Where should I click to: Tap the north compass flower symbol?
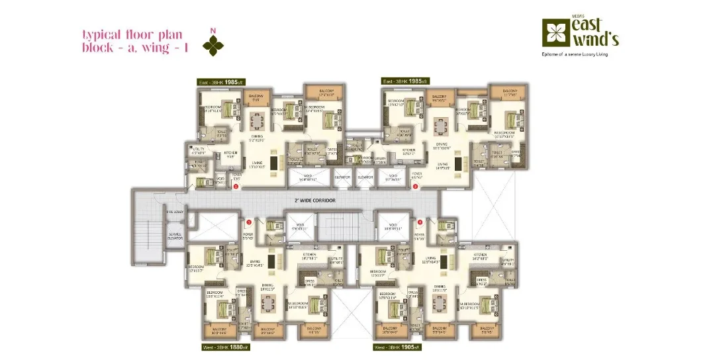click(x=213, y=44)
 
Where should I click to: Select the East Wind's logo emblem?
click(x=554, y=31)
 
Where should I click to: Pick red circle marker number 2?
click(x=235, y=187)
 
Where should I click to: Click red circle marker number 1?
click(x=248, y=222)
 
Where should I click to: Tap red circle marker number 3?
click(x=415, y=187)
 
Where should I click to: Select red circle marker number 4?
click(x=420, y=222)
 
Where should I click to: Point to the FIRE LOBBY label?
click(x=156, y=212)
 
